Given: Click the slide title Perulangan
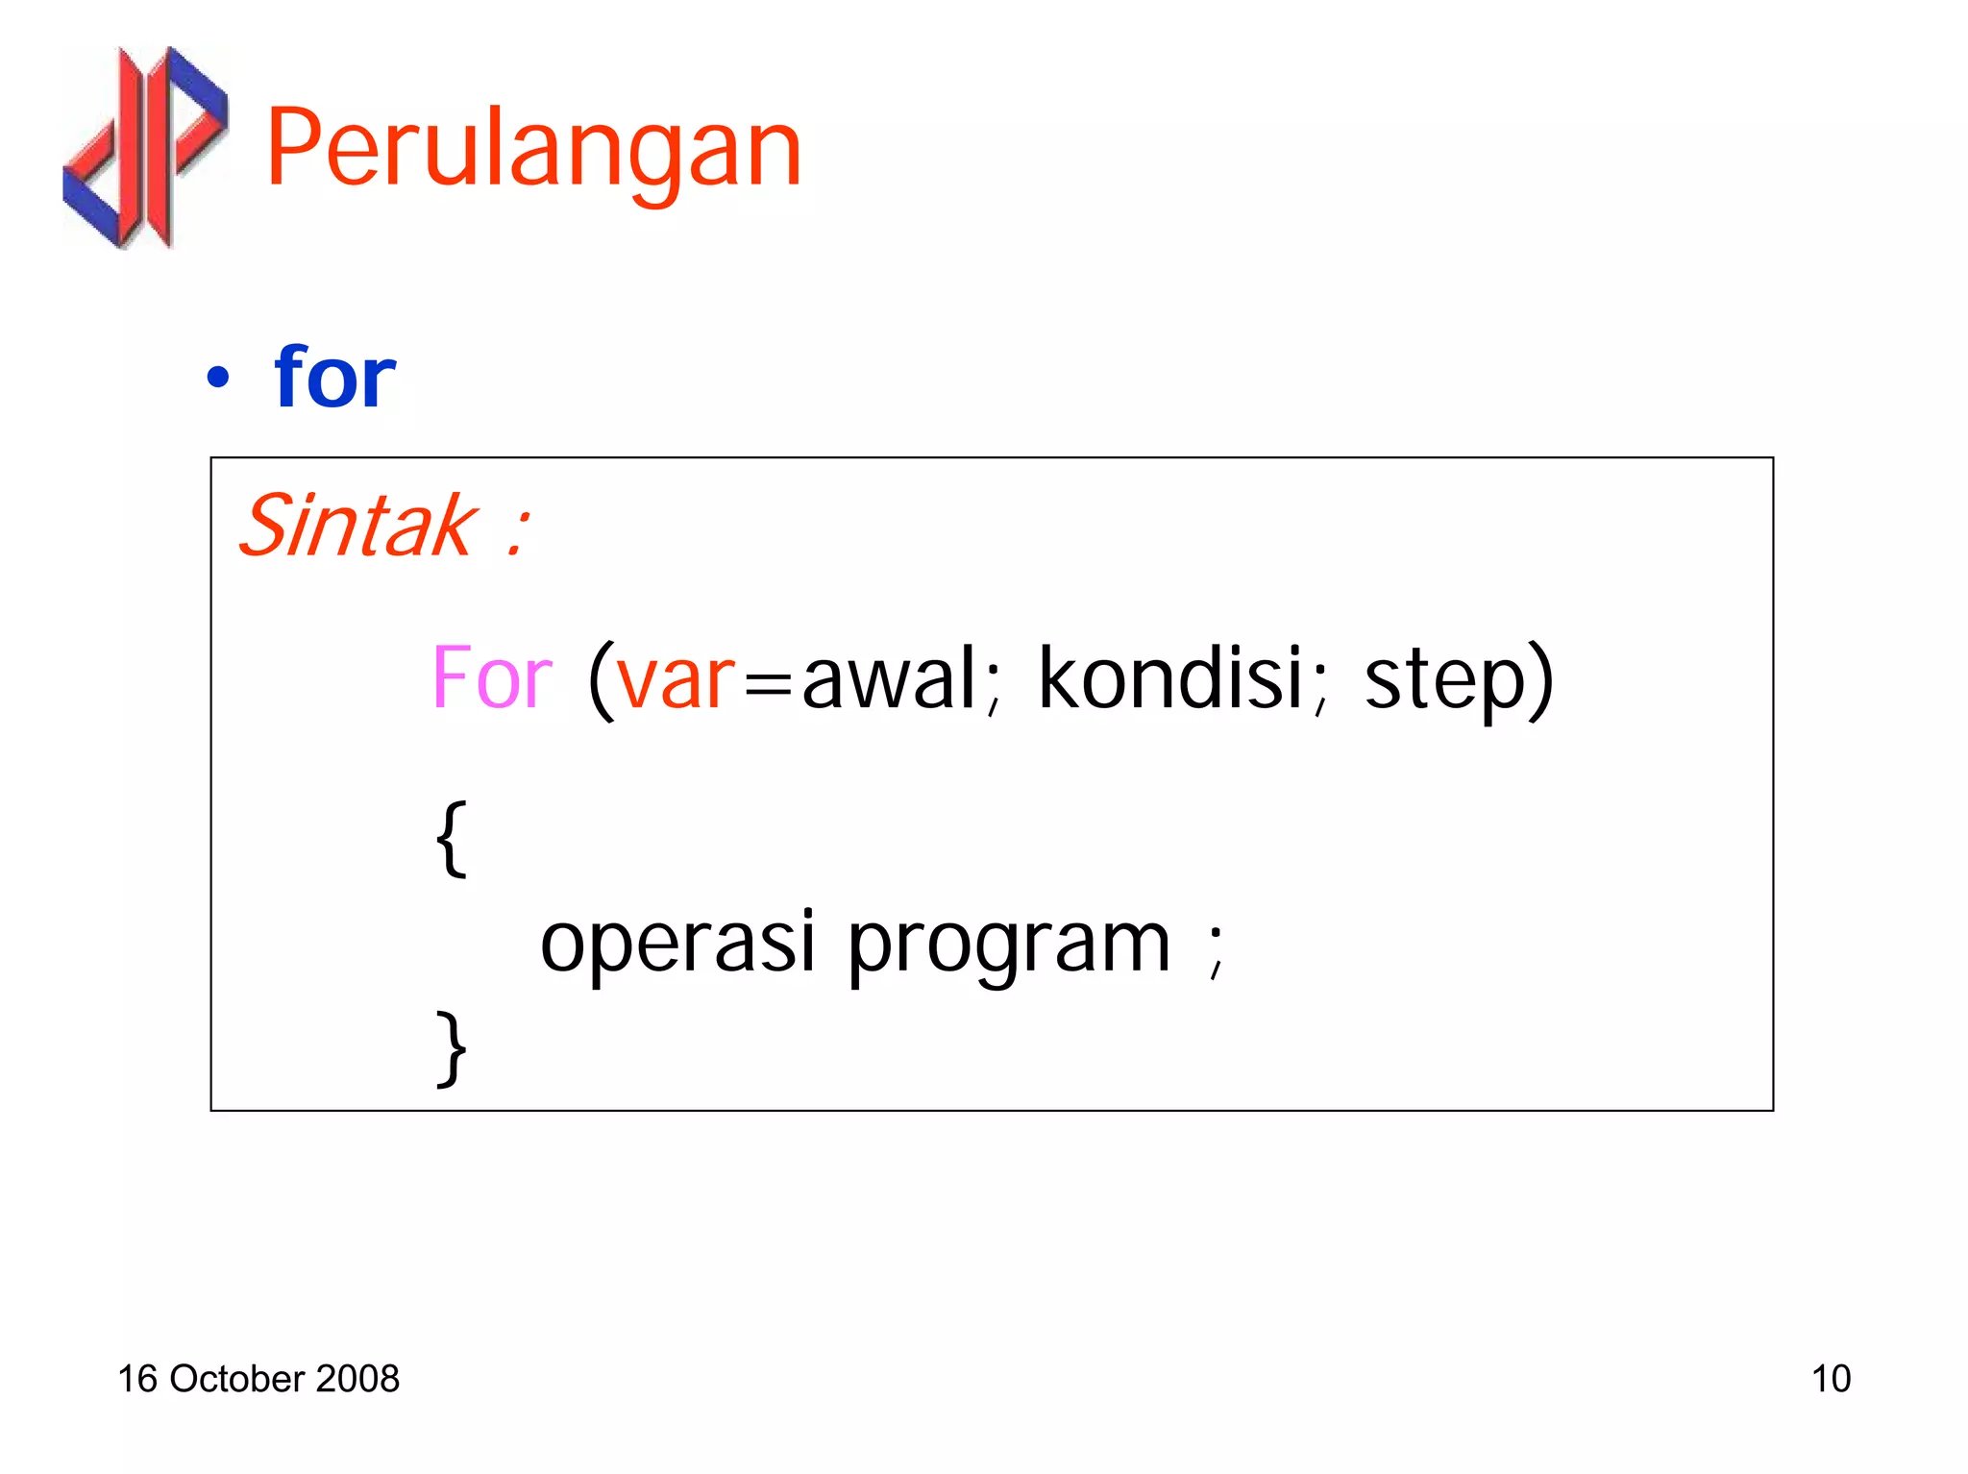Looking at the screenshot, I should point(533,149).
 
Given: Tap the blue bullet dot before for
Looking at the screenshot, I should point(218,378).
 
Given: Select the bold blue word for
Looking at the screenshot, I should point(334,377).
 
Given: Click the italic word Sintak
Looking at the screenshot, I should point(357,526).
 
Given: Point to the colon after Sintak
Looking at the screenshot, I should point(517,531).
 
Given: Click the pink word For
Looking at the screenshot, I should point(492,678).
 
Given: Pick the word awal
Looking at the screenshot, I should point(889,678).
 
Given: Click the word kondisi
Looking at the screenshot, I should point(1169,678).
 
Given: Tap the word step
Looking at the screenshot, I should point(1444,682).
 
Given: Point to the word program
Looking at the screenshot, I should point(1008,946).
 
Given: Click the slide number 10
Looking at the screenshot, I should point(1831,1379).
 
